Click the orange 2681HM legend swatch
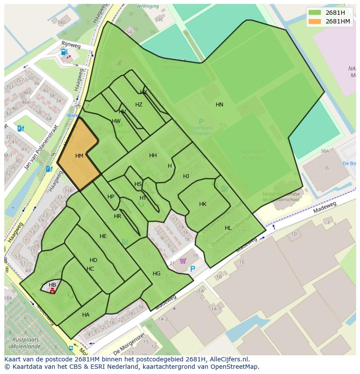click(315, 21)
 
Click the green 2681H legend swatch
click(315, 13)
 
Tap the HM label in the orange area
click(79, 156)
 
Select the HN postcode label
click(220, 105)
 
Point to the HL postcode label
click(228, 228)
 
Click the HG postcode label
click(157, 274)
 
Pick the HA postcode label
click(86, 315)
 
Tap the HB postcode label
click(52, 285)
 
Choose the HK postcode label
click(203, 204)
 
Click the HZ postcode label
click(139, 105)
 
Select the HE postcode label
click(103, 236)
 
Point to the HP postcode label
click(111, 197)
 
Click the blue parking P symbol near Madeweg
click(193, 269)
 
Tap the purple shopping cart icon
click(183, 261)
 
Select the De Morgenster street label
click(129, 345)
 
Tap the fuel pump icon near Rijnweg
click(64, 52)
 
